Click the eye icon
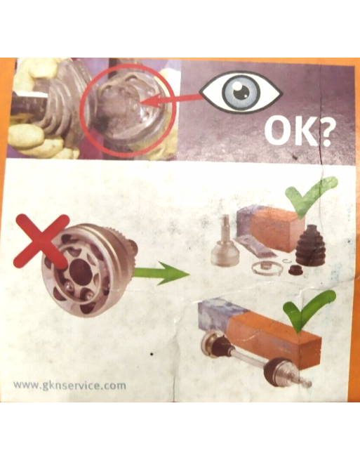pos(241,93)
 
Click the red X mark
pos(41,241)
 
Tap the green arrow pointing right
pos(162,274)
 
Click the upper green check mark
pos(311,196)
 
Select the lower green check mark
pos(308,310)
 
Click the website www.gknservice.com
pos(69,385)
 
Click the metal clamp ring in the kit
pos(267,268)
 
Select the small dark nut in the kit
pos(295,270)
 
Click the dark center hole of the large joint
pos(81,272)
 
